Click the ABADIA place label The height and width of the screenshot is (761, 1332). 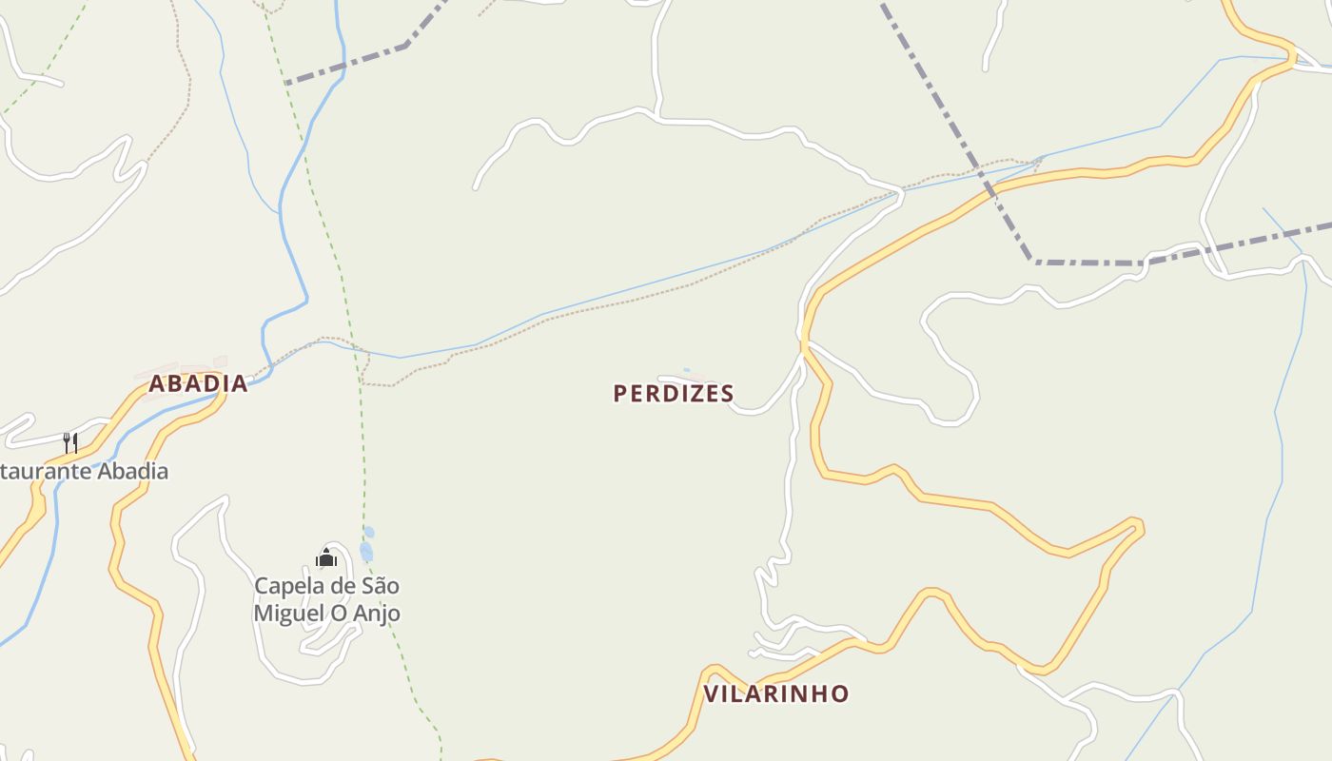click(198, 383)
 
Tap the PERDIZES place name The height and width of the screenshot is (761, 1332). click(674, 393)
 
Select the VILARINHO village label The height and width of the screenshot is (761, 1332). click(775, 693)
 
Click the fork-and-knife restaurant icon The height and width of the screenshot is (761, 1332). click(70, 442)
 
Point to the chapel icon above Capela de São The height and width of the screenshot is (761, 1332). click(326, 557)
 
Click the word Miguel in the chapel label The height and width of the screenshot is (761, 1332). click(287, 614)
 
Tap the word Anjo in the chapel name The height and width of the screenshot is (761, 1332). click(375, 614)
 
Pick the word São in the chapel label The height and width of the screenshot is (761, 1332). click(379, 585)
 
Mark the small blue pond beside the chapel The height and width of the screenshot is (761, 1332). click(366, 550)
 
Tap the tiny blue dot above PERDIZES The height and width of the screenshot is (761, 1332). click(686, 370)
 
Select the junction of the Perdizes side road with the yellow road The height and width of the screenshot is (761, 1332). click(804, 350)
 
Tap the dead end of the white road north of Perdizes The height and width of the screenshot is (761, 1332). click(475, 187)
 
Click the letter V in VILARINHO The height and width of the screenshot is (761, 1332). click(711, 693)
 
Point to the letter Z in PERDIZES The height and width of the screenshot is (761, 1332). click(699, 393)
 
